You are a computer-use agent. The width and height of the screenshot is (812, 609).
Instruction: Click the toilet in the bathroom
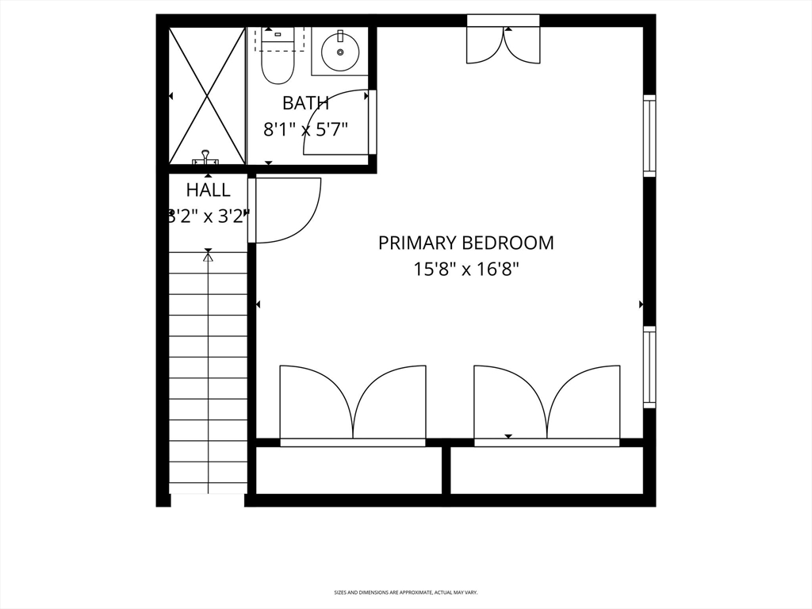coord(278,59)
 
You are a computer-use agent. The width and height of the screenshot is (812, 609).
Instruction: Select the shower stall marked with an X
coord(207,95)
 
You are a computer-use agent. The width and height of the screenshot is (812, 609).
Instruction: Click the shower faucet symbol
coord(206,158)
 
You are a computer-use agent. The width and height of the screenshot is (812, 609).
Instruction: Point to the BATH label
coord(305,103)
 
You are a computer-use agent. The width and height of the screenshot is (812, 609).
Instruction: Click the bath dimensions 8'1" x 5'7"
coord(305,128)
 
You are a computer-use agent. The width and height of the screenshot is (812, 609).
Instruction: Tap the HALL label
coord(209,190)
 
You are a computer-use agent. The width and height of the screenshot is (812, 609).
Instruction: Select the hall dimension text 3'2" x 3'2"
coord(209,215)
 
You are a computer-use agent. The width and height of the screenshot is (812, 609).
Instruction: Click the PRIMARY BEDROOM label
coord(465,243)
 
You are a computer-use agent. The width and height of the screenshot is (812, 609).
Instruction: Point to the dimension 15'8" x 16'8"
coord(465,270)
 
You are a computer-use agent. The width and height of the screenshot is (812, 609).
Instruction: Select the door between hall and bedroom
coord(285,210)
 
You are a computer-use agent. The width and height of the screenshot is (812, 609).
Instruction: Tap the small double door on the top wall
coord(504,44)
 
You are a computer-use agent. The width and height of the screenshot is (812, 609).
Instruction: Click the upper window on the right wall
coord(649,136)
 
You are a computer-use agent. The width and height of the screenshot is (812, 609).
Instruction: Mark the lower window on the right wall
coord(649,367)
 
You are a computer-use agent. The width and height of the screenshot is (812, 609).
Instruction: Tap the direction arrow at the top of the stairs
coord(209,255)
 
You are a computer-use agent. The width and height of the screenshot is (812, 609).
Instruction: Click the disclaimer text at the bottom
coord(405,592)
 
